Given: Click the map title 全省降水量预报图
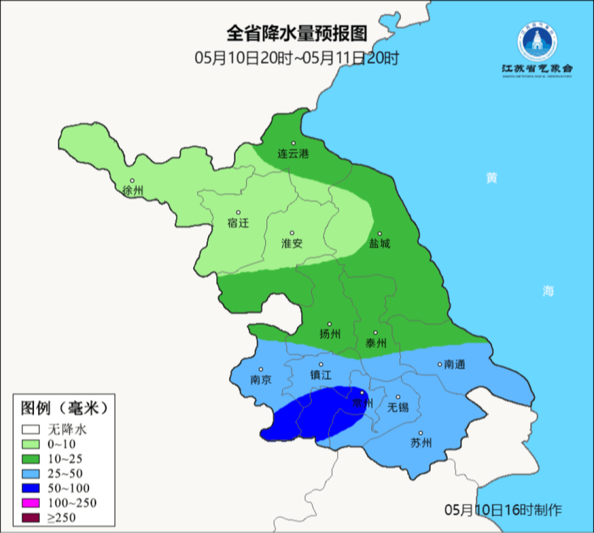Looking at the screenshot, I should point(296,34).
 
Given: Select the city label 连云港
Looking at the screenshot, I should point(293,154).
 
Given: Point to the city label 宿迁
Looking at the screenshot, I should point(238,223).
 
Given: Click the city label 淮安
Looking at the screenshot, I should point(292,243).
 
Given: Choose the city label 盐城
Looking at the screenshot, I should point(379,243).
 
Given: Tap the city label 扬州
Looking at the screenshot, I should point(330,334).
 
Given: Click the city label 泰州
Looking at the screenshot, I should point(376,343).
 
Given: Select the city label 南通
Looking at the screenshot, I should point(455,364).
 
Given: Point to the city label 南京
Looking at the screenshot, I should point(261,380).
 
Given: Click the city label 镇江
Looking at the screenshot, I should point(321,375).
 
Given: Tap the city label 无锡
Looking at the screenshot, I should point(398,407).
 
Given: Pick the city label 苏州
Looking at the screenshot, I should point(421,443).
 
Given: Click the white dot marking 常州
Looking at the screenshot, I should point(362,393).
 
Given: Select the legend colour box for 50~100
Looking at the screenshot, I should point(31,488).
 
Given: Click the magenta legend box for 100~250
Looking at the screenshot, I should point(31,503).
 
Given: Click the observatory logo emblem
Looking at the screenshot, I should point(536,42).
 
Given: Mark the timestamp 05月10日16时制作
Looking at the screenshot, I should point(503,510).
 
